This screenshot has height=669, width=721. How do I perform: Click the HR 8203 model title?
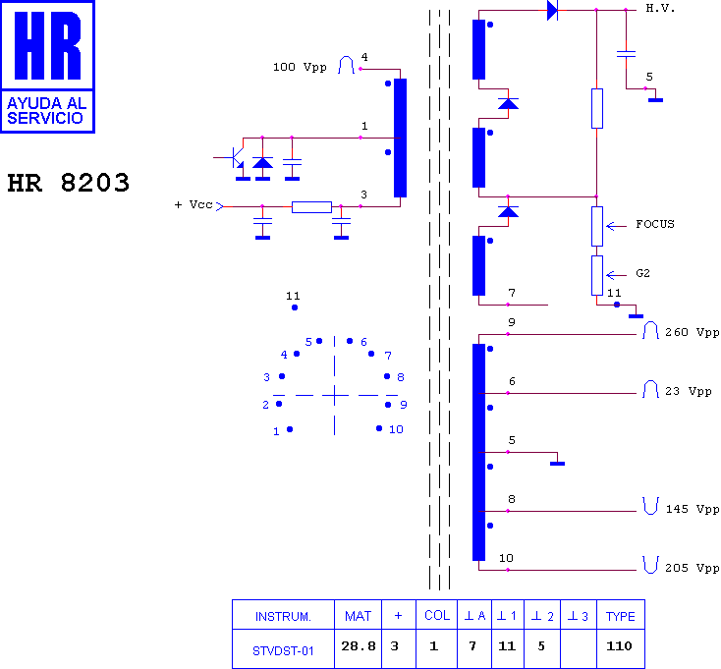click(x=69, y=183)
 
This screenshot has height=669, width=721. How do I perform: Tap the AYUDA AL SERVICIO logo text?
click(x=46, y=111)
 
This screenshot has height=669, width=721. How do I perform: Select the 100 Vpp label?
click(x=300, y=67)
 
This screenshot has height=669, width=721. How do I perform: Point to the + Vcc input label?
click(x=194, y=204)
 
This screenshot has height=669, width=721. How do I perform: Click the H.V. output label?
click(x=660, y=8)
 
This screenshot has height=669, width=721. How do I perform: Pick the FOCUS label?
click(x=655, y=224)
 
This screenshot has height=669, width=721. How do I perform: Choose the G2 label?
click(x=642, y=273)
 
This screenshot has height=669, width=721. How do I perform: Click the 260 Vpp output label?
click(x=693, y=332)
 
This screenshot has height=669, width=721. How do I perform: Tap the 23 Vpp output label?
click(x=689, y=391)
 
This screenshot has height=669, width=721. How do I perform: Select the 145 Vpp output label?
click(x=693, y=509)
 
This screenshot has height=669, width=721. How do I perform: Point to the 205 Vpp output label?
click(x=693, y=568)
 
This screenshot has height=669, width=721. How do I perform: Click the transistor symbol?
click(x=235, y=158)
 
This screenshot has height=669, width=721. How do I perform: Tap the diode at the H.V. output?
click(x=552, y=10)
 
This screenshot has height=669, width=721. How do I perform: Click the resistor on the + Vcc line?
click(x=311, y=207)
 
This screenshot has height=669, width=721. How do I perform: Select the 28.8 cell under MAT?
click(x=359, y=646)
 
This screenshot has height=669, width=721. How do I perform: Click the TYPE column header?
click(x=620, y=616)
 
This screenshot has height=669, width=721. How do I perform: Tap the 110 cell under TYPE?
click(x=619, y=646)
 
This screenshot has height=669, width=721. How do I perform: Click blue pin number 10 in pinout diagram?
click(x=396, y=429)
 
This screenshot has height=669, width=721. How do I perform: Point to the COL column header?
click(x=437, y=615)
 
